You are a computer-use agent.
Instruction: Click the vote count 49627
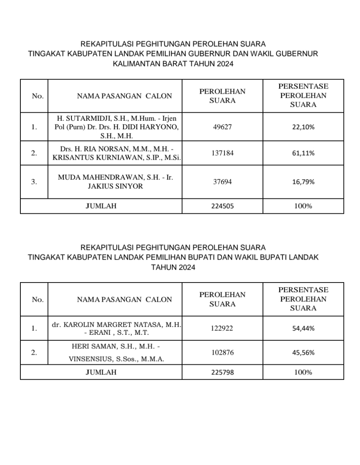[x=222, y=127]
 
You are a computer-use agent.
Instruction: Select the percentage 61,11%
[x=303, y=153]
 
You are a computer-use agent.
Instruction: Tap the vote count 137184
[x=222, y=153]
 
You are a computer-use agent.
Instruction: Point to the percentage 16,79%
[x=303, y=182]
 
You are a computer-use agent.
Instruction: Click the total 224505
[x=222, y=206]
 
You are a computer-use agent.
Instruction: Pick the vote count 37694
[x=222, y=182]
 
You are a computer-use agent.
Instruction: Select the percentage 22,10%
[x=303, y=127]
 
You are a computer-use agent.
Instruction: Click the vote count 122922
[x=222, y=328]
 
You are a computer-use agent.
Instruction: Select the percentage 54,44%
[x=303, y=328]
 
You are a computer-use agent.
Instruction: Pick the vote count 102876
[x=222, y=352]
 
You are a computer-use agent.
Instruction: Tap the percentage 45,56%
[x=303, y=352]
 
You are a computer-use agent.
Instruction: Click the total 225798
[x=222, y=372]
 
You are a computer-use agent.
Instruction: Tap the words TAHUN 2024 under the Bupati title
[x=173, y=267]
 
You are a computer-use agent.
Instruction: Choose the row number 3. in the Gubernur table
[x=34, y=182]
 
